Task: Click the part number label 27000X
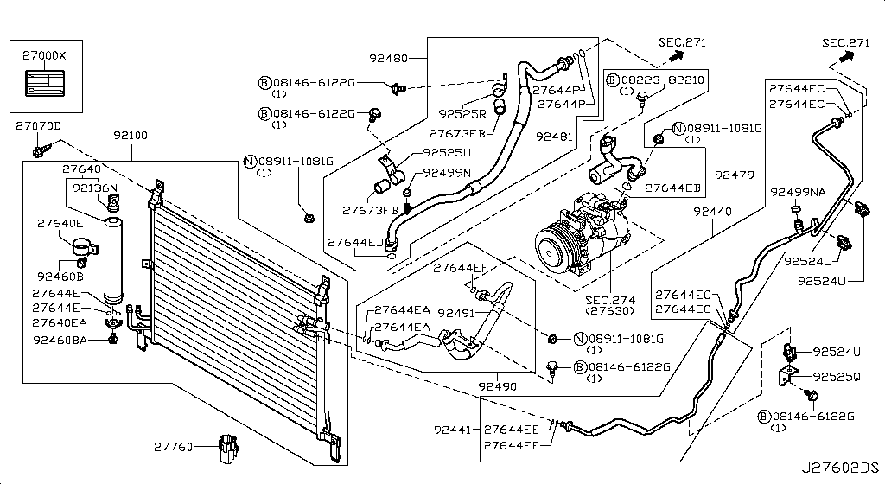(x=44, y=55)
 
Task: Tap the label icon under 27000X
(x=44, y=83)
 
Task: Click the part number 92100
(x=131, y=136)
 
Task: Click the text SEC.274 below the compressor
(x=610, y=300)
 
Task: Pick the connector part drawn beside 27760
(x=228, y=449)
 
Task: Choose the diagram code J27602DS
(x=841, y=468)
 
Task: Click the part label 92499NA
(x=798, y=193)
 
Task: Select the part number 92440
(x=712, y=212)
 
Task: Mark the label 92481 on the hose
(x=554, y=137)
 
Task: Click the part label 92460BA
(x=60, y=341)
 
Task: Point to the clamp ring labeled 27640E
(x=84, y=248)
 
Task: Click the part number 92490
(x=497, y=386)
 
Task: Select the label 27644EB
(x=672, y=188)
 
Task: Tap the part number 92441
(x=452, y=430)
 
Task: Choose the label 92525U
(x=447, y=153)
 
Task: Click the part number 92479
(x=735, y=175)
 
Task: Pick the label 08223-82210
(x=663, y=80)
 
